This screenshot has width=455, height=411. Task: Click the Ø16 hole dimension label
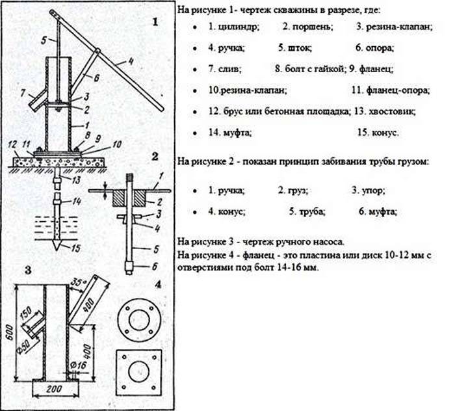[79, 365]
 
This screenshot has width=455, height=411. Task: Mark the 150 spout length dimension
[27, 314]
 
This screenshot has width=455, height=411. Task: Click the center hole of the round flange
[139, 319]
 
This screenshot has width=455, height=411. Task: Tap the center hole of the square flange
[139, 372]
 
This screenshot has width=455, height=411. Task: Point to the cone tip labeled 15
[57, 245]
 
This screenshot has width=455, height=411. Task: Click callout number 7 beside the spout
[23, 93]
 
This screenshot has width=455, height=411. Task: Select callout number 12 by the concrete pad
[12, 144]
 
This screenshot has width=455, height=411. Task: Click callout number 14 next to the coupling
[77, 201]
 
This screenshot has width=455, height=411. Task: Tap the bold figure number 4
[158, 285]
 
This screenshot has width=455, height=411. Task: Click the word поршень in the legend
[313, 27]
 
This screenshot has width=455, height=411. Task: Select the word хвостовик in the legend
[392, 111]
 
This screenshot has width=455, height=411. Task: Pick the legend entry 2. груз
[293, 191]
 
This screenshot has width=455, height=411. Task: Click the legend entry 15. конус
[378, 133]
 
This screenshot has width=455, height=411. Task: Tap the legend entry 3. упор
[369, 191]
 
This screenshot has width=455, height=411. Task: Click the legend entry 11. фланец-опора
[391, 90]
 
